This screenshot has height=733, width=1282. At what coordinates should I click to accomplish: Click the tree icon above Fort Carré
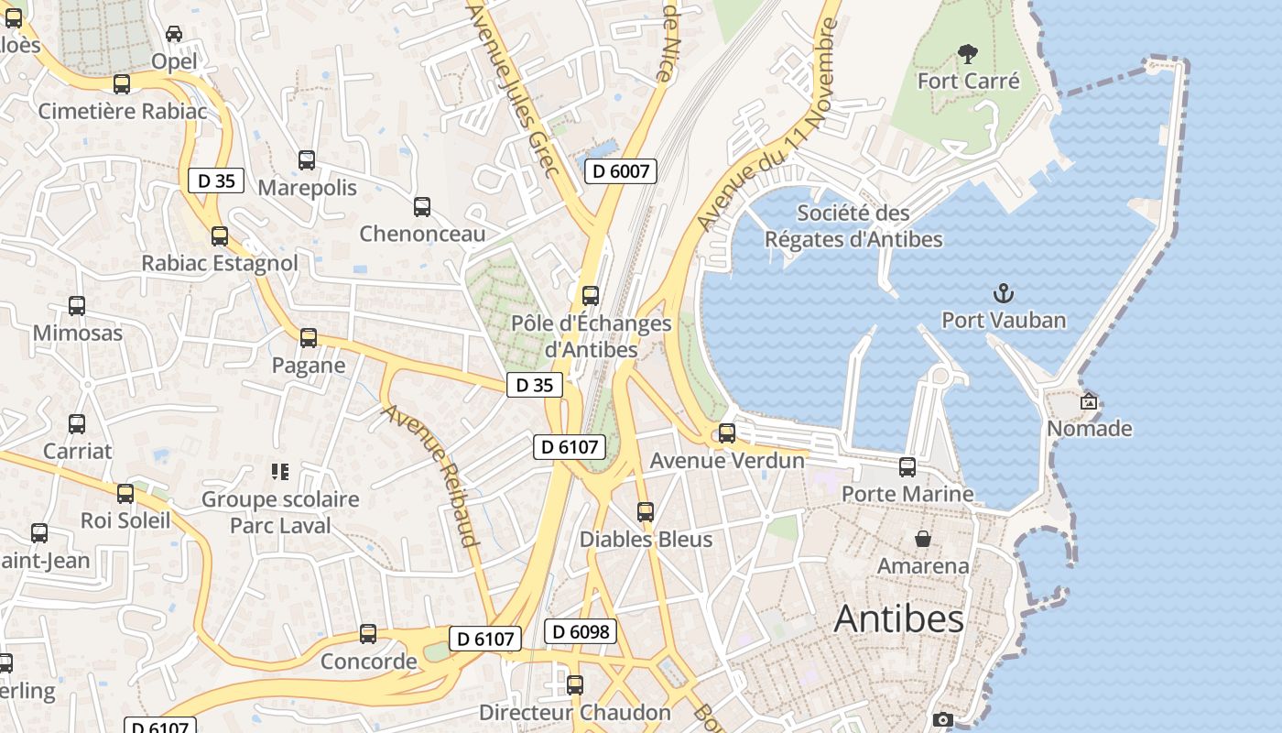pyautogui.click(x=966, y=54)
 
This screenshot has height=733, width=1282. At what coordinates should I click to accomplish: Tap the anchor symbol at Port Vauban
pyautogui.click(x=1005, y=294)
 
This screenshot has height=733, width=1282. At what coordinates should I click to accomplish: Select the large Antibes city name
pyautogui.click(x=898, y=619)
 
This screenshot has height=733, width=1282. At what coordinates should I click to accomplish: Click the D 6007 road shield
pyautogui.click(x=621, y=170)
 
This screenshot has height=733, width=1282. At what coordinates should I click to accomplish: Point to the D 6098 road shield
pyautogui.click(x=581, y=631)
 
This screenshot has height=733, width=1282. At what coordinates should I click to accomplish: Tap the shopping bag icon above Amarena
pyautogui.click(x=923, y=539)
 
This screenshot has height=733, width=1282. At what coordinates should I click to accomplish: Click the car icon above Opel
pyautogui.click(x=174, y=34)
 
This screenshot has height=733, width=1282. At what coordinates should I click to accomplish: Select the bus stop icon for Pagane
pyautogui.click(x=309, y=338)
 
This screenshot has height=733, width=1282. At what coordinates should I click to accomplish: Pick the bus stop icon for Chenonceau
pyautogui.click(x=422, y=207)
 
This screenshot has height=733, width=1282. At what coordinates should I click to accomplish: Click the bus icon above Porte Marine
pyautogui.click(x=907, y=467)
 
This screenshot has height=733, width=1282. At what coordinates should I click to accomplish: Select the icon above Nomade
pyautogui.click(x=1089, y=401)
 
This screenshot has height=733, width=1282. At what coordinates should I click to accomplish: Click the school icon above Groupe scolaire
pyautogui.click(x=280, y=472)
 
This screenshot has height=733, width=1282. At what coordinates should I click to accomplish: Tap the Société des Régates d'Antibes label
pyautogui.click(x=853, y=226)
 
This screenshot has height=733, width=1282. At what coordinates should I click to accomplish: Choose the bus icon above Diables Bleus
pyautogui.click(x=646, y=512)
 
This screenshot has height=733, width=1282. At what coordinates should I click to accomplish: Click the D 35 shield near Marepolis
pyautogui.click(x=216, y=181)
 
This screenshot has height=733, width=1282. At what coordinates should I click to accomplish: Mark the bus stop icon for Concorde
pyautogui.click(x=368, y=634)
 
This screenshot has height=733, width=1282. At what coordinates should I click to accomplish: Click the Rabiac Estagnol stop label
pyautogui.click(x=220, y=263)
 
